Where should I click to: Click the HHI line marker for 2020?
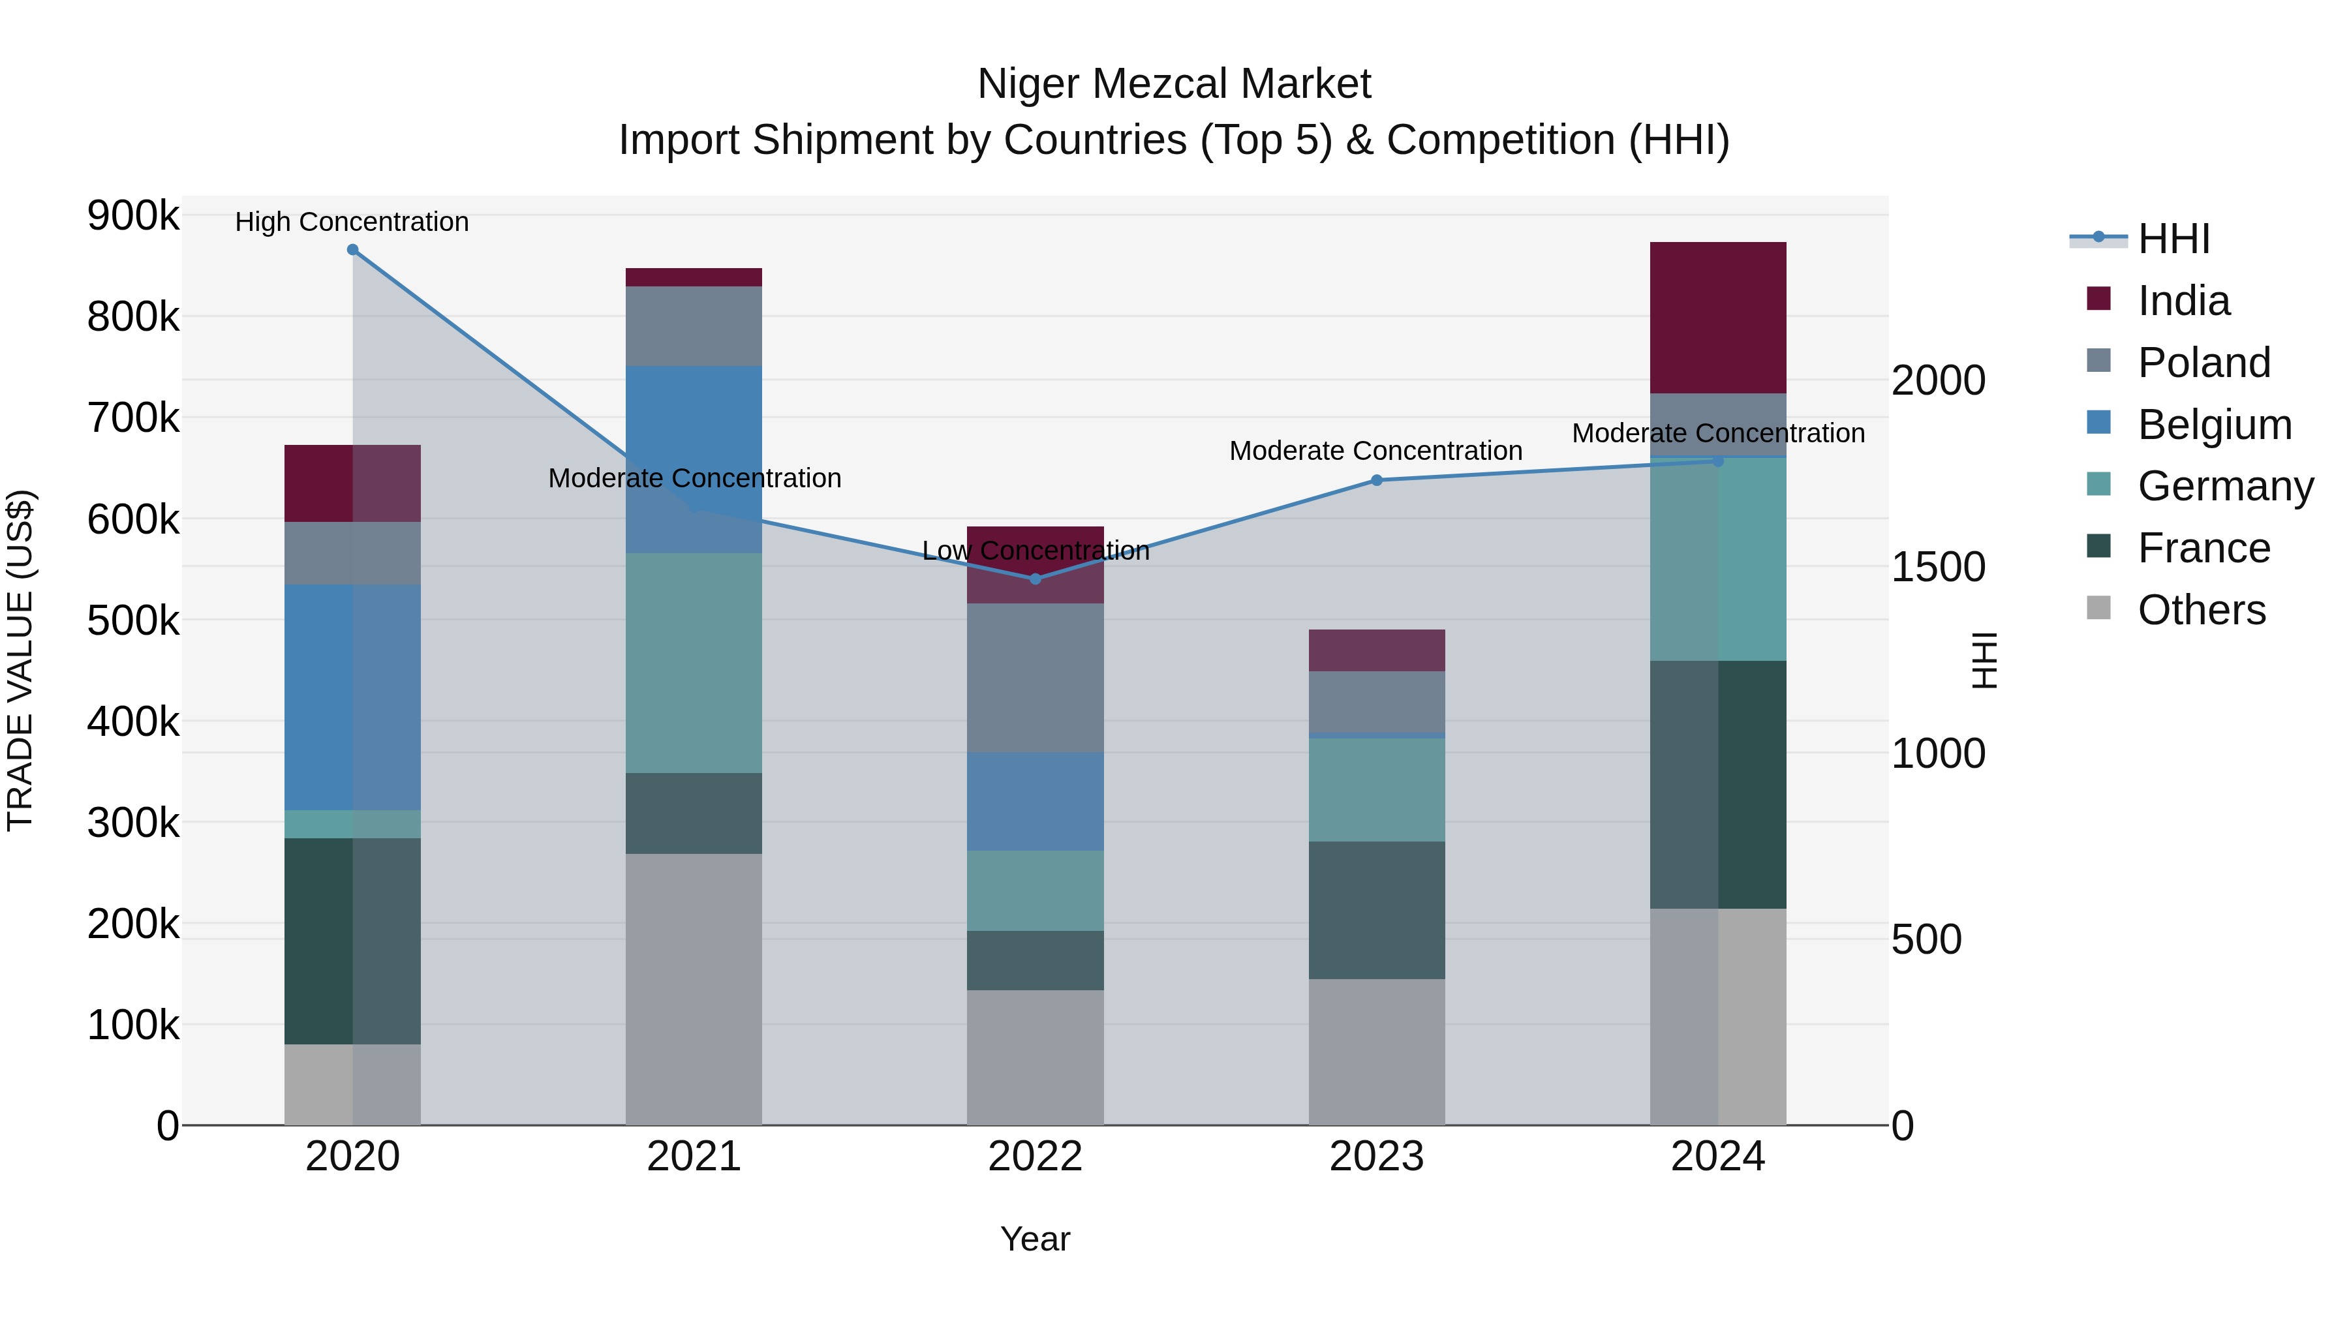353,250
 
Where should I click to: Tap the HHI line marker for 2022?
1035,579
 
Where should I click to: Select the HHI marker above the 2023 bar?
1377,480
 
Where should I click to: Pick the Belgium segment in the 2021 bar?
694,459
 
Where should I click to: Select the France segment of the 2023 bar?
1377,910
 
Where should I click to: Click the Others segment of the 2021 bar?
694,989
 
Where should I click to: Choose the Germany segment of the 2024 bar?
1718,559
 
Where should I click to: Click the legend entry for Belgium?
2213,425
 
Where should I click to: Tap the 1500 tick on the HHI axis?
1938,567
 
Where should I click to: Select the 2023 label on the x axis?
1376,1157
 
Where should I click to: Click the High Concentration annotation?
352,222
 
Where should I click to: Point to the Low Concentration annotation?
1036,551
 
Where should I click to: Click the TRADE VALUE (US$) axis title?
20,660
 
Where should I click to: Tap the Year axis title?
1035,1239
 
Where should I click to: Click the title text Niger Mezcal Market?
1174,84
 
